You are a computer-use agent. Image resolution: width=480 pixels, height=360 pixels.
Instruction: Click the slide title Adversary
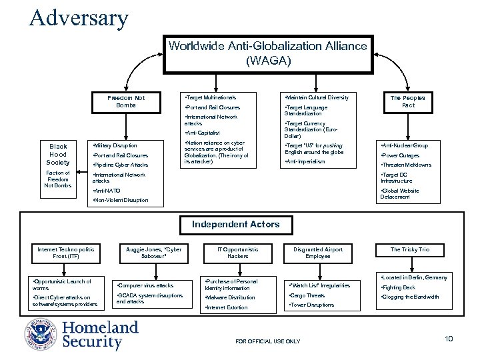coord(79,17)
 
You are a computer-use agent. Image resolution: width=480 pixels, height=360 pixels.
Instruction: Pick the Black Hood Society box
coord(58,154)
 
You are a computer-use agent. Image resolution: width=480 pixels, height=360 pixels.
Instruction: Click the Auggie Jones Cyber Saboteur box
coord(153,253)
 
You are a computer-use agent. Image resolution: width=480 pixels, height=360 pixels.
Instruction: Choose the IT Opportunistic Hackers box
coord(238,253)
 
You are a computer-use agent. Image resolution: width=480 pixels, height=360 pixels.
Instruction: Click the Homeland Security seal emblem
coord(42,334)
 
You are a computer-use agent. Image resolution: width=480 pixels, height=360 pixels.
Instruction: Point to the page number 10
coord(449,339)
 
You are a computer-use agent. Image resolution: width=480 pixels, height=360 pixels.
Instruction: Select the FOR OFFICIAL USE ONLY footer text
coord(268,341)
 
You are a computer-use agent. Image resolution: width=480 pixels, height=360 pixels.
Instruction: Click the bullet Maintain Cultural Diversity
coord(317,97)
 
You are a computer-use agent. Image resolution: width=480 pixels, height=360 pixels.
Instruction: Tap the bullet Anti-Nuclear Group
coord(405,145)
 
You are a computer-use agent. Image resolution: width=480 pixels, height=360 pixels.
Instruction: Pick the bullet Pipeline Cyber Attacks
coord(121,165)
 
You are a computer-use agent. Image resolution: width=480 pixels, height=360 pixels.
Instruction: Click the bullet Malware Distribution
coord(231,297)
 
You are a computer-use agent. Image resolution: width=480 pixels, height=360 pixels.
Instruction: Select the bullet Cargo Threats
coord(307,295)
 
